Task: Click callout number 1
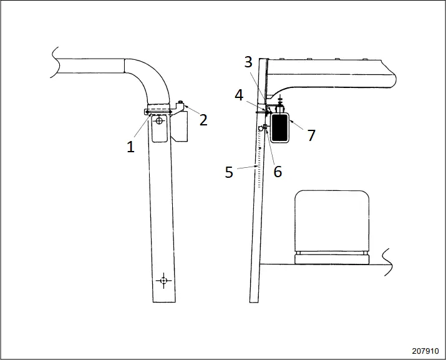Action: click(x=131, y=147)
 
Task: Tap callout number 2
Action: click(x=203, y=120)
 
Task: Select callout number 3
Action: click(x=248, y=62)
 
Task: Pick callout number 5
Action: click(x=229, y=172)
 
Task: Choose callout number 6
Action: click(x=278, y=172)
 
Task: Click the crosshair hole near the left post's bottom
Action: click(x=163, y=280)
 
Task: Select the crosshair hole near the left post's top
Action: click(x=160, y=121)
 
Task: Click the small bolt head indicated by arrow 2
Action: click(x=182, y=102)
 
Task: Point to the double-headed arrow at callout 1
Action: click(x=160, y=112)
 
